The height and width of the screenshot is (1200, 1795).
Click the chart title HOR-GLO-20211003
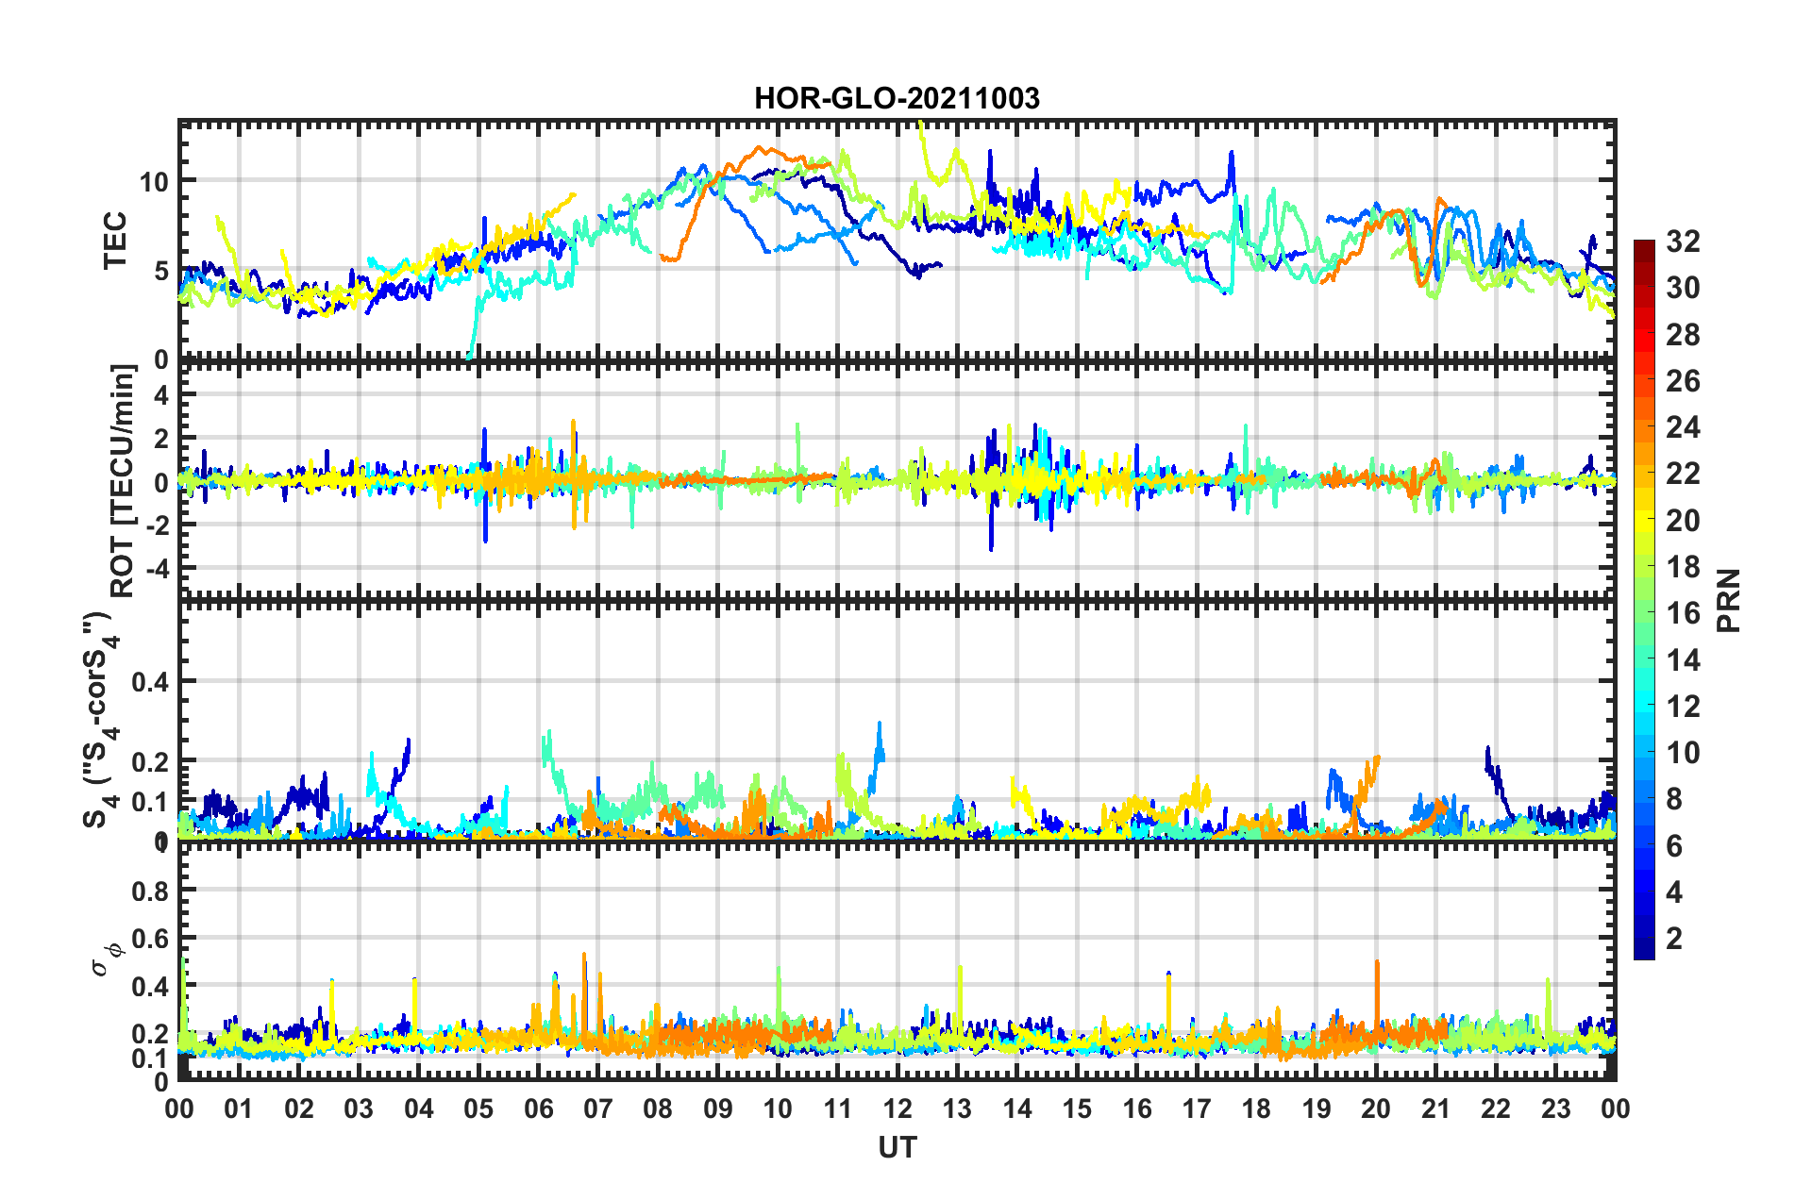[897, 98]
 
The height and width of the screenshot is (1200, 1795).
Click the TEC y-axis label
[114, 241]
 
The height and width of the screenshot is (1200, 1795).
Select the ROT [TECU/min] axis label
[123, 481]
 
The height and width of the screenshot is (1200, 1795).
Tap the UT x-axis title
[897, 1147]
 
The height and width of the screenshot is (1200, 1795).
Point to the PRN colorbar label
[1729, 600]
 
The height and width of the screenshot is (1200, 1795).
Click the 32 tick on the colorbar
[1683, 242]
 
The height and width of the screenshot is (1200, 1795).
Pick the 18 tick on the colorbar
[1683, 567]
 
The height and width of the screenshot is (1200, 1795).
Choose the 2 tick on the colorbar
[1675, 939]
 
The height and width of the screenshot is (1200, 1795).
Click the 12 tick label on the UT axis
[897, 1108]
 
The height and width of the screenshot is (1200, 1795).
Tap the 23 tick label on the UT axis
[1556, 1108]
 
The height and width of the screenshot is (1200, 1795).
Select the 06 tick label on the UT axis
[538, 1108]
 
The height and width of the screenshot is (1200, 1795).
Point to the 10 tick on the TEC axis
[154, 181]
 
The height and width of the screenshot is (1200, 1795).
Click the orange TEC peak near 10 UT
[761, 149]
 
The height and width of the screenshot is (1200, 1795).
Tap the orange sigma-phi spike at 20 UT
[1377, 964]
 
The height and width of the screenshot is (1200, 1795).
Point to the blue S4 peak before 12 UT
[880, 725]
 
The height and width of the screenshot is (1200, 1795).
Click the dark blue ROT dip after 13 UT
[991, 548]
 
